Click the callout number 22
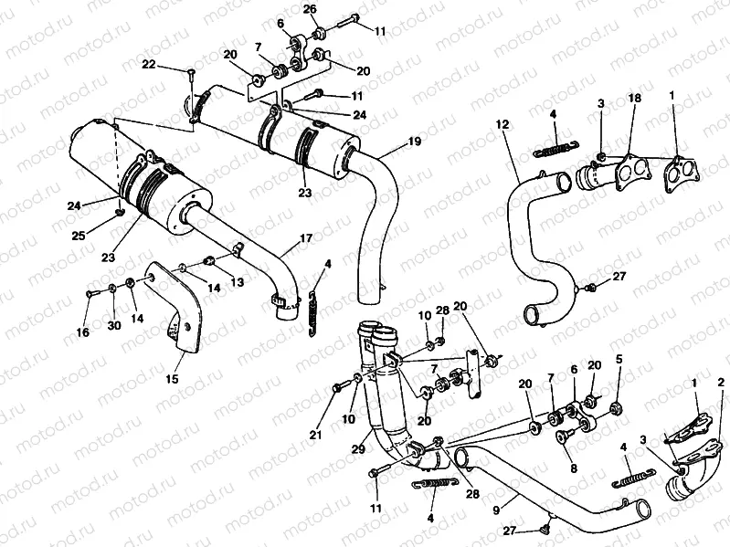[x=149, y=64]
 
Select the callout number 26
[x=311, y=10]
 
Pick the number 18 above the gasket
[x=632, y=98]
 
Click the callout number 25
[x=79, y=236]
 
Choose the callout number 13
[x=238, y=283]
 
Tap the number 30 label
[x=114, y=326]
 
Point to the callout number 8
[x=573, y=468]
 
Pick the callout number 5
[x=619, y=359]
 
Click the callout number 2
[x=721, y=382]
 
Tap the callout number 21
[x=316, y=436]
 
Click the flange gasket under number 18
[x=628, y=171]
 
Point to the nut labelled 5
[x=615, y=404]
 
